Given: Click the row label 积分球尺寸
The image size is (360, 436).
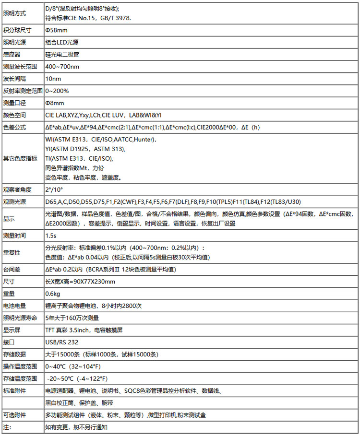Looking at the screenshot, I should pos(17,30).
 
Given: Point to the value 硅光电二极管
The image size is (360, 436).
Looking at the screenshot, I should pos(61,54).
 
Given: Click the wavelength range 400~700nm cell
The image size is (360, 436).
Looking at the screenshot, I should pos(62,66).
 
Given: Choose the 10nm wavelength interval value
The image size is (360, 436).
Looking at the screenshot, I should pos(53,78).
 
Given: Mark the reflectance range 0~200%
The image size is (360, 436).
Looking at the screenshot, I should pos(57,91).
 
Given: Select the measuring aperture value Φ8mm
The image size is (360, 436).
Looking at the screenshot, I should pos(55,103).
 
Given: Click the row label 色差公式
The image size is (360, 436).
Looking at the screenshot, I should pos(15,127).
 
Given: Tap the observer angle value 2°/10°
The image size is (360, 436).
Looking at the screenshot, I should pos(54,189).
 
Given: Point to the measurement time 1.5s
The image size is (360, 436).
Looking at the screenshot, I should pos(50,236).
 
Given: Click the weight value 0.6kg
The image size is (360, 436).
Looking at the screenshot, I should pos(52,293).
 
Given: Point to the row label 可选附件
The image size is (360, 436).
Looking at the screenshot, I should pos(15,415).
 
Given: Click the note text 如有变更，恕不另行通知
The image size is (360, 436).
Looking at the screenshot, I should pos(76,427).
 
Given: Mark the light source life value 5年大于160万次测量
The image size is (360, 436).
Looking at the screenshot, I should pos(72,318).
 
